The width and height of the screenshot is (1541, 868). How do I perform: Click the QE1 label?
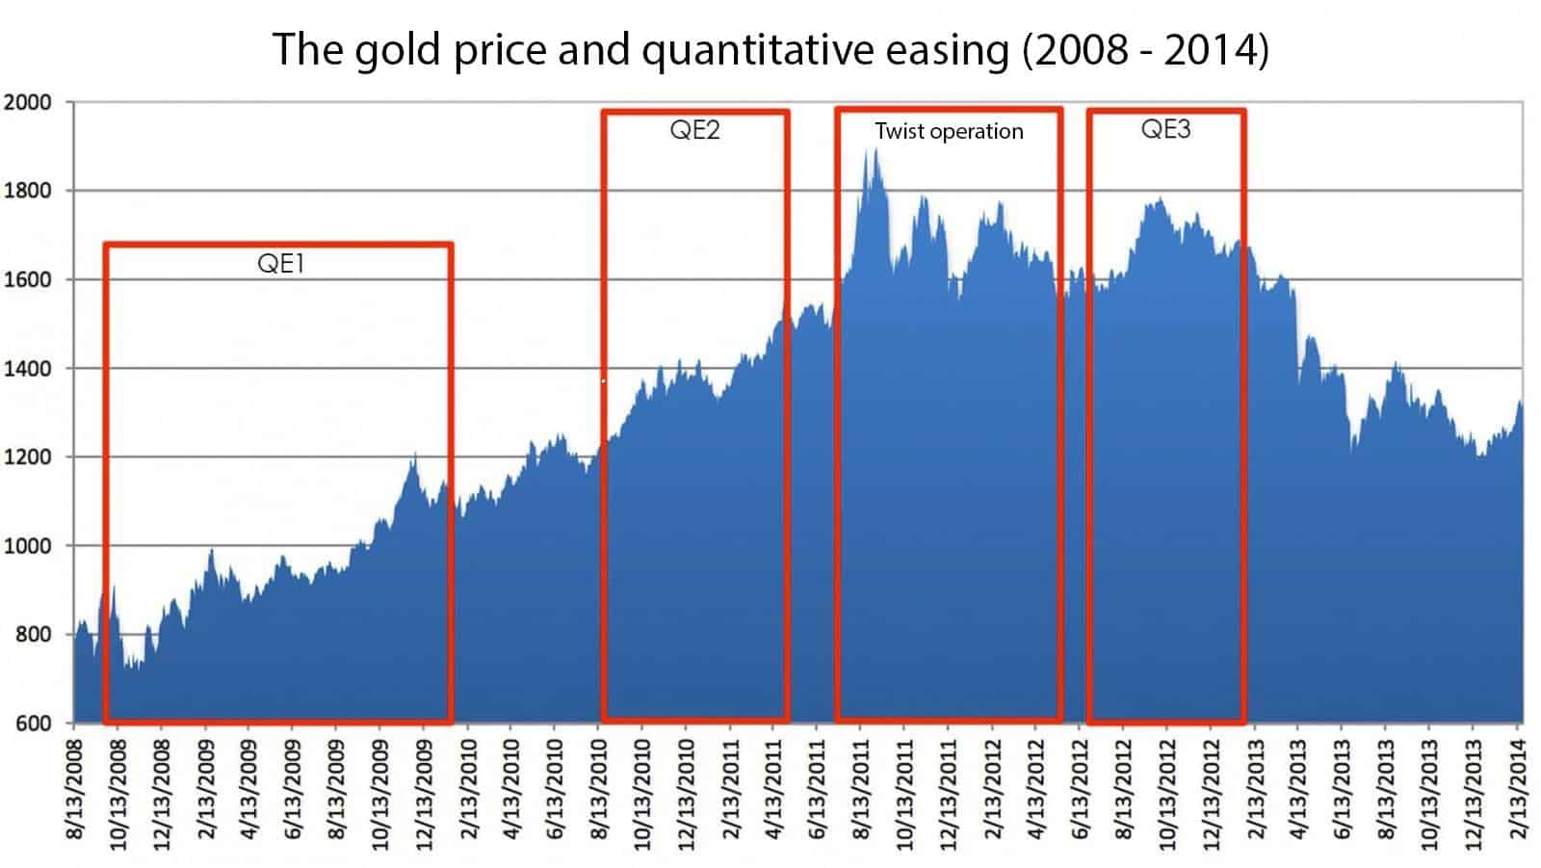[280, 263]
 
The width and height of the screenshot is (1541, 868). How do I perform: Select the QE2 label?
[694, 130]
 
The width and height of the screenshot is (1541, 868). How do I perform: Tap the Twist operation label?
[949, 131]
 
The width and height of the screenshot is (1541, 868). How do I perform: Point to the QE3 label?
[1165, 129]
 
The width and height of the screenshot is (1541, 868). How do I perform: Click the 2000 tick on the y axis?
[27, 103]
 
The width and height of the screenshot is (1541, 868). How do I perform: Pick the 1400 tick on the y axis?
[27, 369]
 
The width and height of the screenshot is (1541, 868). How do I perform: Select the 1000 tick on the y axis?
[27, 546]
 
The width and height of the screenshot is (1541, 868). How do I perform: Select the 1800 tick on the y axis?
[27, 191]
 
